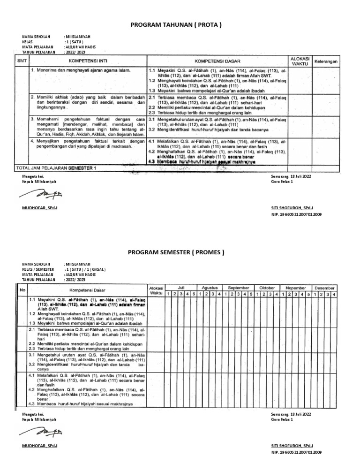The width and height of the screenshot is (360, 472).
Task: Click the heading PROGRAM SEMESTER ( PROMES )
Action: click(176, 253)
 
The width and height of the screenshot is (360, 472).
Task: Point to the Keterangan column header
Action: click(326, 61)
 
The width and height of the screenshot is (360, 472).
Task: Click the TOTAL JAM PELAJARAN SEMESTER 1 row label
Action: click(56, 167)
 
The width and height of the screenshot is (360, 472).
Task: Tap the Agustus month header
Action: click(210, 287)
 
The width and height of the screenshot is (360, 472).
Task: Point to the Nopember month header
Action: click(296, 287)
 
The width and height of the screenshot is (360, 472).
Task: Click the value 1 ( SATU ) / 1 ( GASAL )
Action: click(85, 270)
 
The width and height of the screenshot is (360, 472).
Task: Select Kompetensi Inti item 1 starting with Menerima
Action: click(80, 70)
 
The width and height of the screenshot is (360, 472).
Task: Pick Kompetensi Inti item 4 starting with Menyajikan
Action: click(87, 143)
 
